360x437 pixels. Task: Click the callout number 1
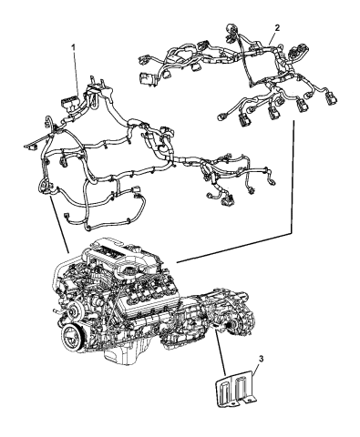click(x=73, y=47)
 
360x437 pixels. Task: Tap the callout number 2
click(x=277, y=28)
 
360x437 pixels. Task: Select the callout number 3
click(x=261, y=359)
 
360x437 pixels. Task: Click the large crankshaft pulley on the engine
click(x=73, y=338)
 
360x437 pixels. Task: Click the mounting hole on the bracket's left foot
click(x=232, y=404)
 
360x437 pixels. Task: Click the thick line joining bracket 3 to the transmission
click(x=220, y=353)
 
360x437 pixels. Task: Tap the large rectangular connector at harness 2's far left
click(x=145, y=78)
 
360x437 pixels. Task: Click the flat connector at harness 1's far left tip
click(x=30, y=147)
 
